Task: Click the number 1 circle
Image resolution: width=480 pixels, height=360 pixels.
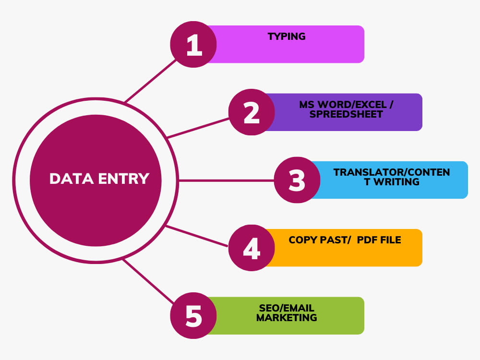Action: pos(193,44)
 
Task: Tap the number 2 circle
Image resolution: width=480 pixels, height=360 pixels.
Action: pos(252,112)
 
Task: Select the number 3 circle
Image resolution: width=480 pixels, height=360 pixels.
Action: pos(297,180)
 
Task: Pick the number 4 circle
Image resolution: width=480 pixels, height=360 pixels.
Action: pos(252,248)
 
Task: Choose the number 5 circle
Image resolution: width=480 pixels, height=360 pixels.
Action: pos(193,316)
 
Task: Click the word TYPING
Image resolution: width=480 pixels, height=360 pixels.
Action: pos(287,36)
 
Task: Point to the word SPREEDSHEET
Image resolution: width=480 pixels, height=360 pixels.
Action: pos(346,114)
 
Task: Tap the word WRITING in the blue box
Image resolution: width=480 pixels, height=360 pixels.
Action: pos(396,182)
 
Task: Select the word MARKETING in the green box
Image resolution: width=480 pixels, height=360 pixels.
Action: pos(287,318)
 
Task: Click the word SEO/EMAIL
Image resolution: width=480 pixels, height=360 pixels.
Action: pos(287,308)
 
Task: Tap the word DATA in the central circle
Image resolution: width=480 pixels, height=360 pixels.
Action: pos(72,179)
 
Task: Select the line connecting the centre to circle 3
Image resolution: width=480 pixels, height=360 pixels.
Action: pos(226,180)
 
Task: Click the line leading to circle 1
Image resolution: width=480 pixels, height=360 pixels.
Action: pos(151,81)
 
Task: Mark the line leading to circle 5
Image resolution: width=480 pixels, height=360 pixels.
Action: pos(148,281)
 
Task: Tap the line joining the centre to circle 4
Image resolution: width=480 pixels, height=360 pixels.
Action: pos(196,236)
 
